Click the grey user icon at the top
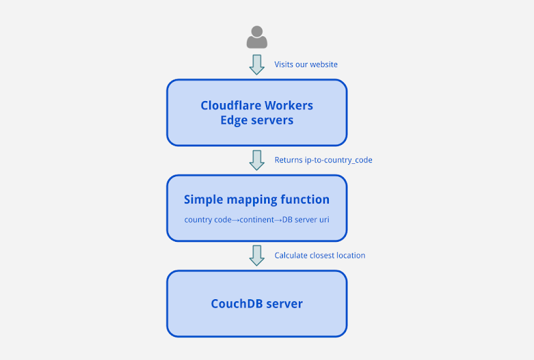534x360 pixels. tap(257, 37)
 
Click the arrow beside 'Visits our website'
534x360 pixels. tap(257, 64)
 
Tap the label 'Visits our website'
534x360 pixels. tap(306, 64)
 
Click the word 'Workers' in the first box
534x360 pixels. tap(288, 105)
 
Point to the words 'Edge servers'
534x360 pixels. tap(256, 120)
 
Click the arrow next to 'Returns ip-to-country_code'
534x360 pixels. tap(257, 160)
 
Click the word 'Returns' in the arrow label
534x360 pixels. tap(289, 160)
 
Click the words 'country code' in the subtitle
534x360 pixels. tap(208, 220)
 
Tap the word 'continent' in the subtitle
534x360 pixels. tap(257, 220)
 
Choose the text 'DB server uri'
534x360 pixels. tap(306, 220)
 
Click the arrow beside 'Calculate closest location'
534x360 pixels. tap(257, 255)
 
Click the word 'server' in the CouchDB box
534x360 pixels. tap(284, 304)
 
